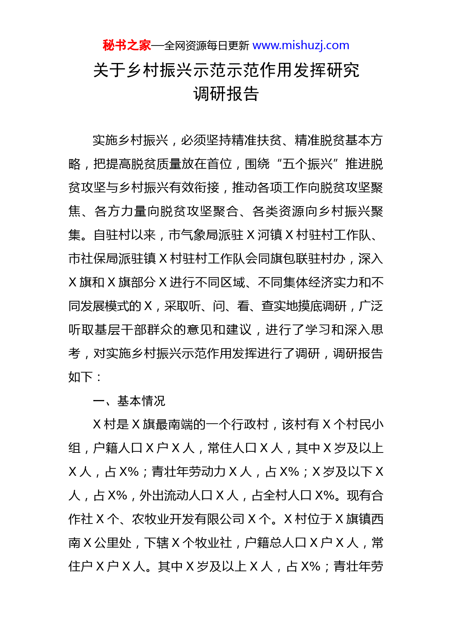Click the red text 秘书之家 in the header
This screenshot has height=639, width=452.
point(126,46)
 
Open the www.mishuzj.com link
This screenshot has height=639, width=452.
point(301,46)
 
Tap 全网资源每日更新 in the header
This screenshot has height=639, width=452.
point(207,46)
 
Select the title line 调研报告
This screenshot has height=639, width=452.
point(226,94)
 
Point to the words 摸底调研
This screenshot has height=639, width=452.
point(322,306)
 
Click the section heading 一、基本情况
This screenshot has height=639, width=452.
point(129,401)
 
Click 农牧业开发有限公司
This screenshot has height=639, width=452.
point(188,519)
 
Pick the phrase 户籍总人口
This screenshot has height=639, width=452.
point(276,543)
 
